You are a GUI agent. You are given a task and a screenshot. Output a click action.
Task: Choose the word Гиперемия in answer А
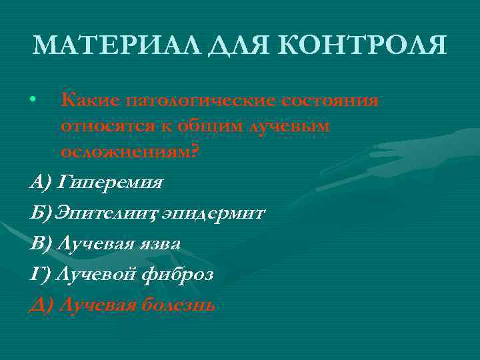pyautogui.click(x=111, y=181)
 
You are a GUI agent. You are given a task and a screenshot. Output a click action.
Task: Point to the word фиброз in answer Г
pyautogui.click(x=176, y=274)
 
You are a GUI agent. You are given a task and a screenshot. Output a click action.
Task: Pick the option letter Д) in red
pyautogui.click(x=41, y=305)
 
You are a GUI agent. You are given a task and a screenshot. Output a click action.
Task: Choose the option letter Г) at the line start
pyautogui.click(x=41, y=274)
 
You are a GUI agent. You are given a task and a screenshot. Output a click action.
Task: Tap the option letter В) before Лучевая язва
pyautogui.click(x=41, y=243)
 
